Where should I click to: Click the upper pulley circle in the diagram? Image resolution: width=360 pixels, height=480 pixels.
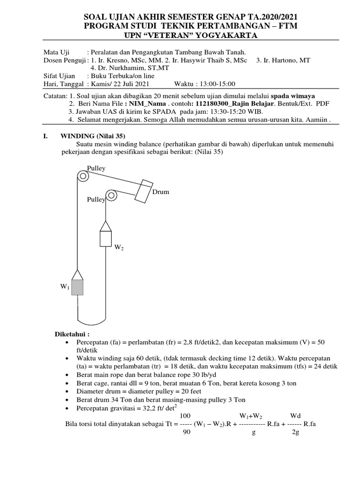coord(83,177)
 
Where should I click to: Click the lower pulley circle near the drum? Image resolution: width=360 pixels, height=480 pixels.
coord(112,195)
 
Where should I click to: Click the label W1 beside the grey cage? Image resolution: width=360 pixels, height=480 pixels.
coord(65,287)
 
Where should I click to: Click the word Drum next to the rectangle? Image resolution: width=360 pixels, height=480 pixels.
coord(160,192)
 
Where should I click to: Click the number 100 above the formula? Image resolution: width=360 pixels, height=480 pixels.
coord(185,416)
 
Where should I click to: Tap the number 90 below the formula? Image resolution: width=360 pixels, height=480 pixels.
coord(186,433)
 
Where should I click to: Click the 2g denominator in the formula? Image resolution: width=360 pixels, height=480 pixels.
coord(295,433)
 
